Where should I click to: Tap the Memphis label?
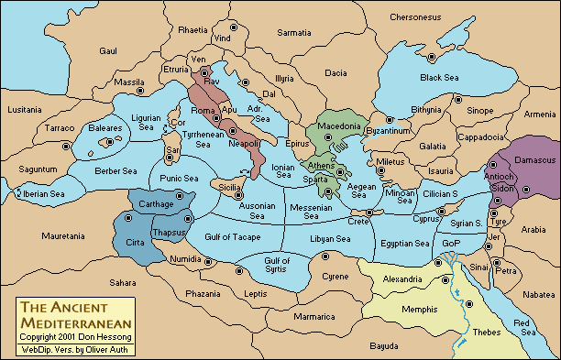(x=419, y=310)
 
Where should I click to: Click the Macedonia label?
(x=338, y=125)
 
